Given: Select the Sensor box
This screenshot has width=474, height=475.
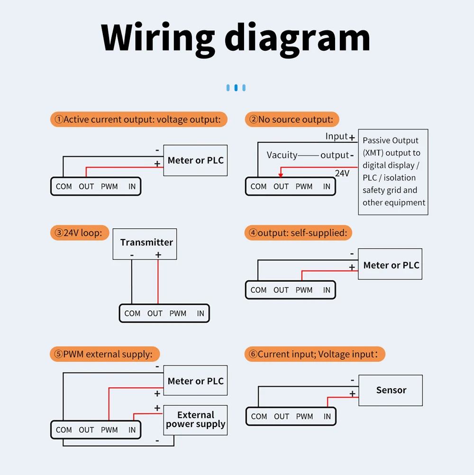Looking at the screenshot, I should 391,390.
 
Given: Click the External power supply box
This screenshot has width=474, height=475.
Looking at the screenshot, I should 195,420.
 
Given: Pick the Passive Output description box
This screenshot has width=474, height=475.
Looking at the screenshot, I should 393,172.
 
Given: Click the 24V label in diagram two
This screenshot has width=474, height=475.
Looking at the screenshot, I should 342,174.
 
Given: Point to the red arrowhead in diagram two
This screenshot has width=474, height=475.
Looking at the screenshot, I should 281,175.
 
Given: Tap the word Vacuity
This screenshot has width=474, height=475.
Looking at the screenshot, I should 282,155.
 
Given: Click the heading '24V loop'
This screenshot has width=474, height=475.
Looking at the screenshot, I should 80,233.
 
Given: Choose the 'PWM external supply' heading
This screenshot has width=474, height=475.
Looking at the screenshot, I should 105,354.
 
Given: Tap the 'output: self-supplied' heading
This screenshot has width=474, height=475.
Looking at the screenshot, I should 298,233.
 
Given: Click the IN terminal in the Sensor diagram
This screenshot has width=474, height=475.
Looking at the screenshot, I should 327,417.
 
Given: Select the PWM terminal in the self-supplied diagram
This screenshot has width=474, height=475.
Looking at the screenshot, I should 304,290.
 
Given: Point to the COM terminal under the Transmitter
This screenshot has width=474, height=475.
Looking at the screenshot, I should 132,314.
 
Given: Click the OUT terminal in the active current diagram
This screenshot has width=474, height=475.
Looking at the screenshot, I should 86,186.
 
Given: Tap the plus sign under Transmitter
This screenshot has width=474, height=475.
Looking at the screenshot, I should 158,255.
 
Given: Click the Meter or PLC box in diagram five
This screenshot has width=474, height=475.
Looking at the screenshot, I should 195,381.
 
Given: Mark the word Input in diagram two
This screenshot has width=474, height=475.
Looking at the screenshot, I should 337,137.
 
